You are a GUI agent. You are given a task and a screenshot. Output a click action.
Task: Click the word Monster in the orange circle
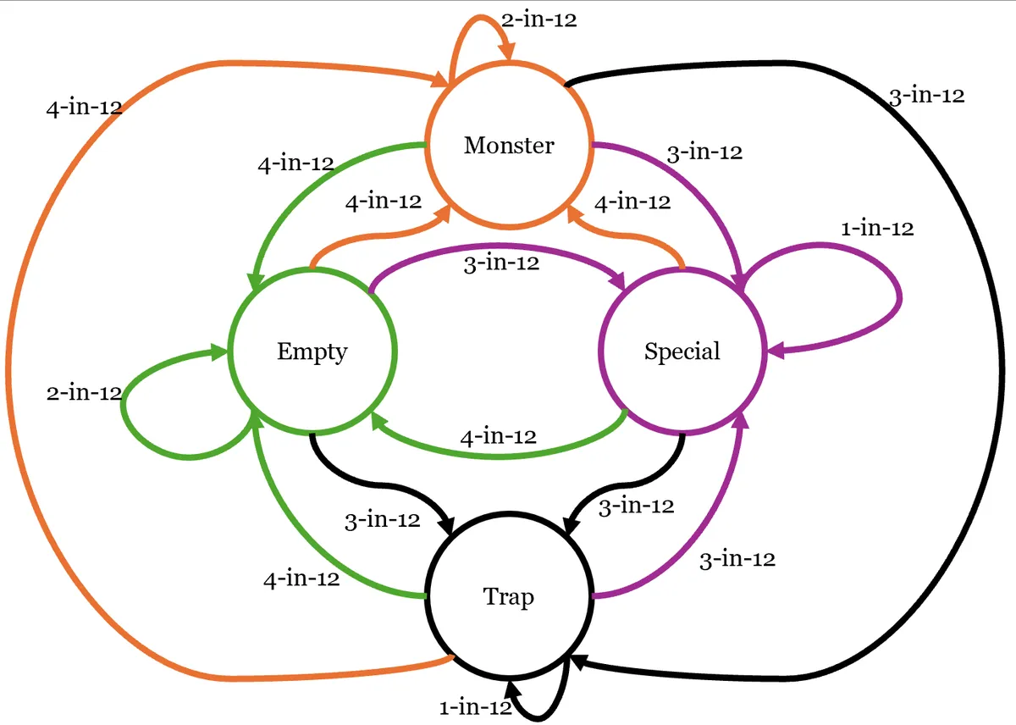pyautogui.click(x=509, y=145)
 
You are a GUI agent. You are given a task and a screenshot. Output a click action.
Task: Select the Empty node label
pyautogui.click(x=312, y=351)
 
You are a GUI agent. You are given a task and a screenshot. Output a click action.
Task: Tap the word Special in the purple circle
pyautogui.click(x=682, y=351)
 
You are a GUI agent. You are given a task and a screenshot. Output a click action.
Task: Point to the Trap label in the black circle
pyautogui.click(x=509, y=597)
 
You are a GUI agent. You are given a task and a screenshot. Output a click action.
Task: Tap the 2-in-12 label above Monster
pyautogui.click(x=538, y=20)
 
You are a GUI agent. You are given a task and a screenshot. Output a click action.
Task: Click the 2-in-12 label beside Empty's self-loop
pyautogui.click(x=84, y=393)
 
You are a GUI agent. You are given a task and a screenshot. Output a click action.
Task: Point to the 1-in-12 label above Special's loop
pyautogui.click(x=877, y=228)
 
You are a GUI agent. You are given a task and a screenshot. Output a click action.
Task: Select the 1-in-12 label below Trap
pyautogui.click(x=475, y=707)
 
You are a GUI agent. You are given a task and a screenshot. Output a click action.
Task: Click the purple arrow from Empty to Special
pyautogui.click(x=500, y=246)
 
